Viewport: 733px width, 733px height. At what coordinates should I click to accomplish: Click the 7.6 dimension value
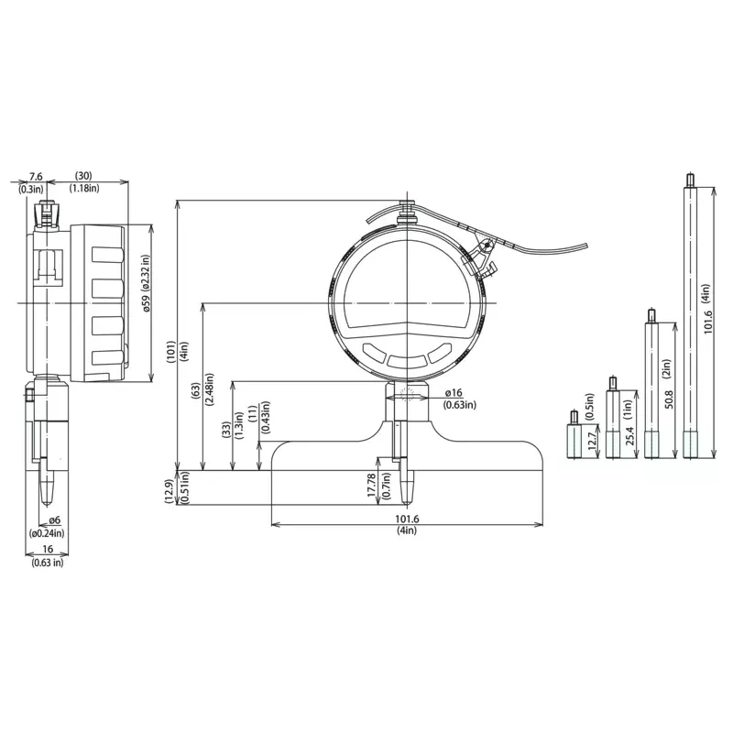(36, 176)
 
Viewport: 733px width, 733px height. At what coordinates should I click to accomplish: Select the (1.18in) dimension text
(84, 188)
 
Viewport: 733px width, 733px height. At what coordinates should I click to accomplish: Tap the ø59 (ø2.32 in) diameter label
(147, 283)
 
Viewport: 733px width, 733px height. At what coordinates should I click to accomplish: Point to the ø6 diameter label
(55, 520)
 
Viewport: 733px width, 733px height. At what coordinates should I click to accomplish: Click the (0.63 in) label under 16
(48, 563)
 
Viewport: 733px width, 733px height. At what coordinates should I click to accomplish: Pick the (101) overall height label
(170, 352)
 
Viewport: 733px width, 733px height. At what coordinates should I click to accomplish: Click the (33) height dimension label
(226, 430)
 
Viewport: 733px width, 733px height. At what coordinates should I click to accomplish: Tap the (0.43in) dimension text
(265, 417)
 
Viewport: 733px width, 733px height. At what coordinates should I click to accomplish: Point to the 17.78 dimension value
(372, 485)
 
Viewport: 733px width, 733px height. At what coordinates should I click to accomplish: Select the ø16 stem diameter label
(454, 393)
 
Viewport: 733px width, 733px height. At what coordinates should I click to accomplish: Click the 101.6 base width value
(407, 519)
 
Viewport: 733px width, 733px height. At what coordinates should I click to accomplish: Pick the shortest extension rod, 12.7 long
(574, 434)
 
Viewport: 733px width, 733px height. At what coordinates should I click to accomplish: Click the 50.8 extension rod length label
(669, 399)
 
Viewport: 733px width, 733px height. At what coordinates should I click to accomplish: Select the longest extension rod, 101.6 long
(689, 315)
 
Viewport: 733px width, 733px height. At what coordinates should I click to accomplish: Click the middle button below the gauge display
(407, 359)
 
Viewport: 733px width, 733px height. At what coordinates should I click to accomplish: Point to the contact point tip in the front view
(407, 501)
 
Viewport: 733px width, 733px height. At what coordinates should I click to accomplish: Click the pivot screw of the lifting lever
(487, 244)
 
